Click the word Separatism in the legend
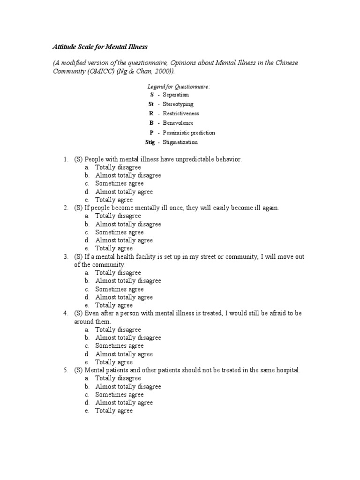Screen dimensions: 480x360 coord(176,95)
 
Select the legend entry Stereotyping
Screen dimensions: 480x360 coord(178,104)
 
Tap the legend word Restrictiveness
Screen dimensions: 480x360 coord(180,113)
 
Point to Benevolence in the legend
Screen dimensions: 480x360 coord(178,123)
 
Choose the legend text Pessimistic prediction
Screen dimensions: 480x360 coord(188,133)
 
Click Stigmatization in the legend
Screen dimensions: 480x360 coord(180,142)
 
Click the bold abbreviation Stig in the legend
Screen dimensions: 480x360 coord(150,142)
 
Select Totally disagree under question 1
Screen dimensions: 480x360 coord(118,167)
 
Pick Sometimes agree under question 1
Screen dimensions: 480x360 coord(120,183)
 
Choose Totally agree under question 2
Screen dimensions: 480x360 coord(114,248)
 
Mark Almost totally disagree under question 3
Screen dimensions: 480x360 coord(128,281)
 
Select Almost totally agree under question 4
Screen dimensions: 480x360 coord(124,354)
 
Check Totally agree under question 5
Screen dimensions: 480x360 coord(114,411)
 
